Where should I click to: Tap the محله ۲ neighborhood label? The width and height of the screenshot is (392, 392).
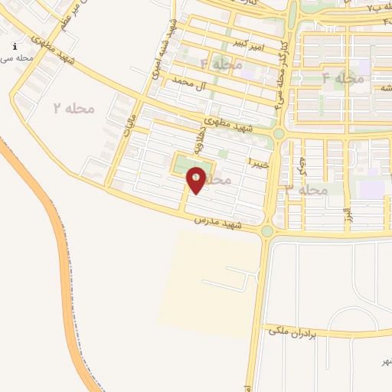coord(73,109)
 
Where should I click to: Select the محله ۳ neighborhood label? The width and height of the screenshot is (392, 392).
coord(305,189)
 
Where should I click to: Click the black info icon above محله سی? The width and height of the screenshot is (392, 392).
coord(15,47)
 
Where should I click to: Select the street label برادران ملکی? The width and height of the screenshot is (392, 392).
coord(296,331)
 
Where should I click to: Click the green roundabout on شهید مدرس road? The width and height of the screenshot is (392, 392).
coord(266,231)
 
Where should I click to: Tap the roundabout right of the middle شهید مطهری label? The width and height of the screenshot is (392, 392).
coord(279,133)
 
